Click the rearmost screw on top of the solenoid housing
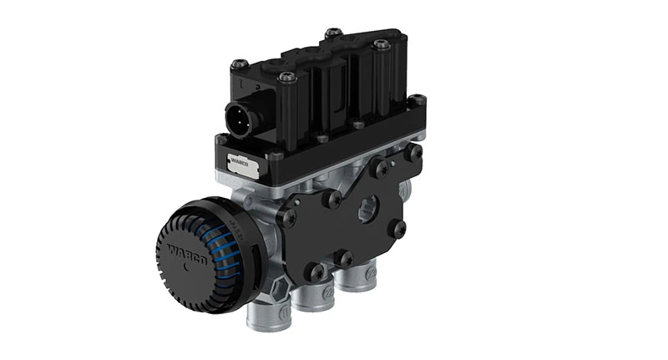coord(333,33)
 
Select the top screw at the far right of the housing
coord(382,44)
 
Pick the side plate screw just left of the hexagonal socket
coord(333,199)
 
